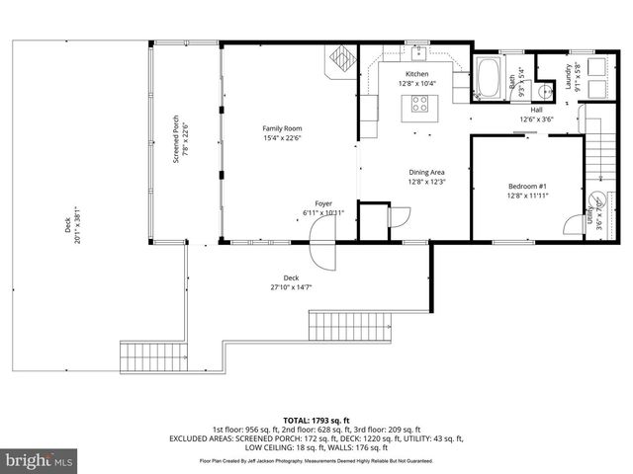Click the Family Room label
coord(281,129)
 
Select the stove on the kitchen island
coord(419,105)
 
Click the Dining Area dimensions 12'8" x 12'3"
coord(427,182)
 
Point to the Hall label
coord(536,111)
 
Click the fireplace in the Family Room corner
coord(341,58)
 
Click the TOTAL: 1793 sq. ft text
coord(316,421)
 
